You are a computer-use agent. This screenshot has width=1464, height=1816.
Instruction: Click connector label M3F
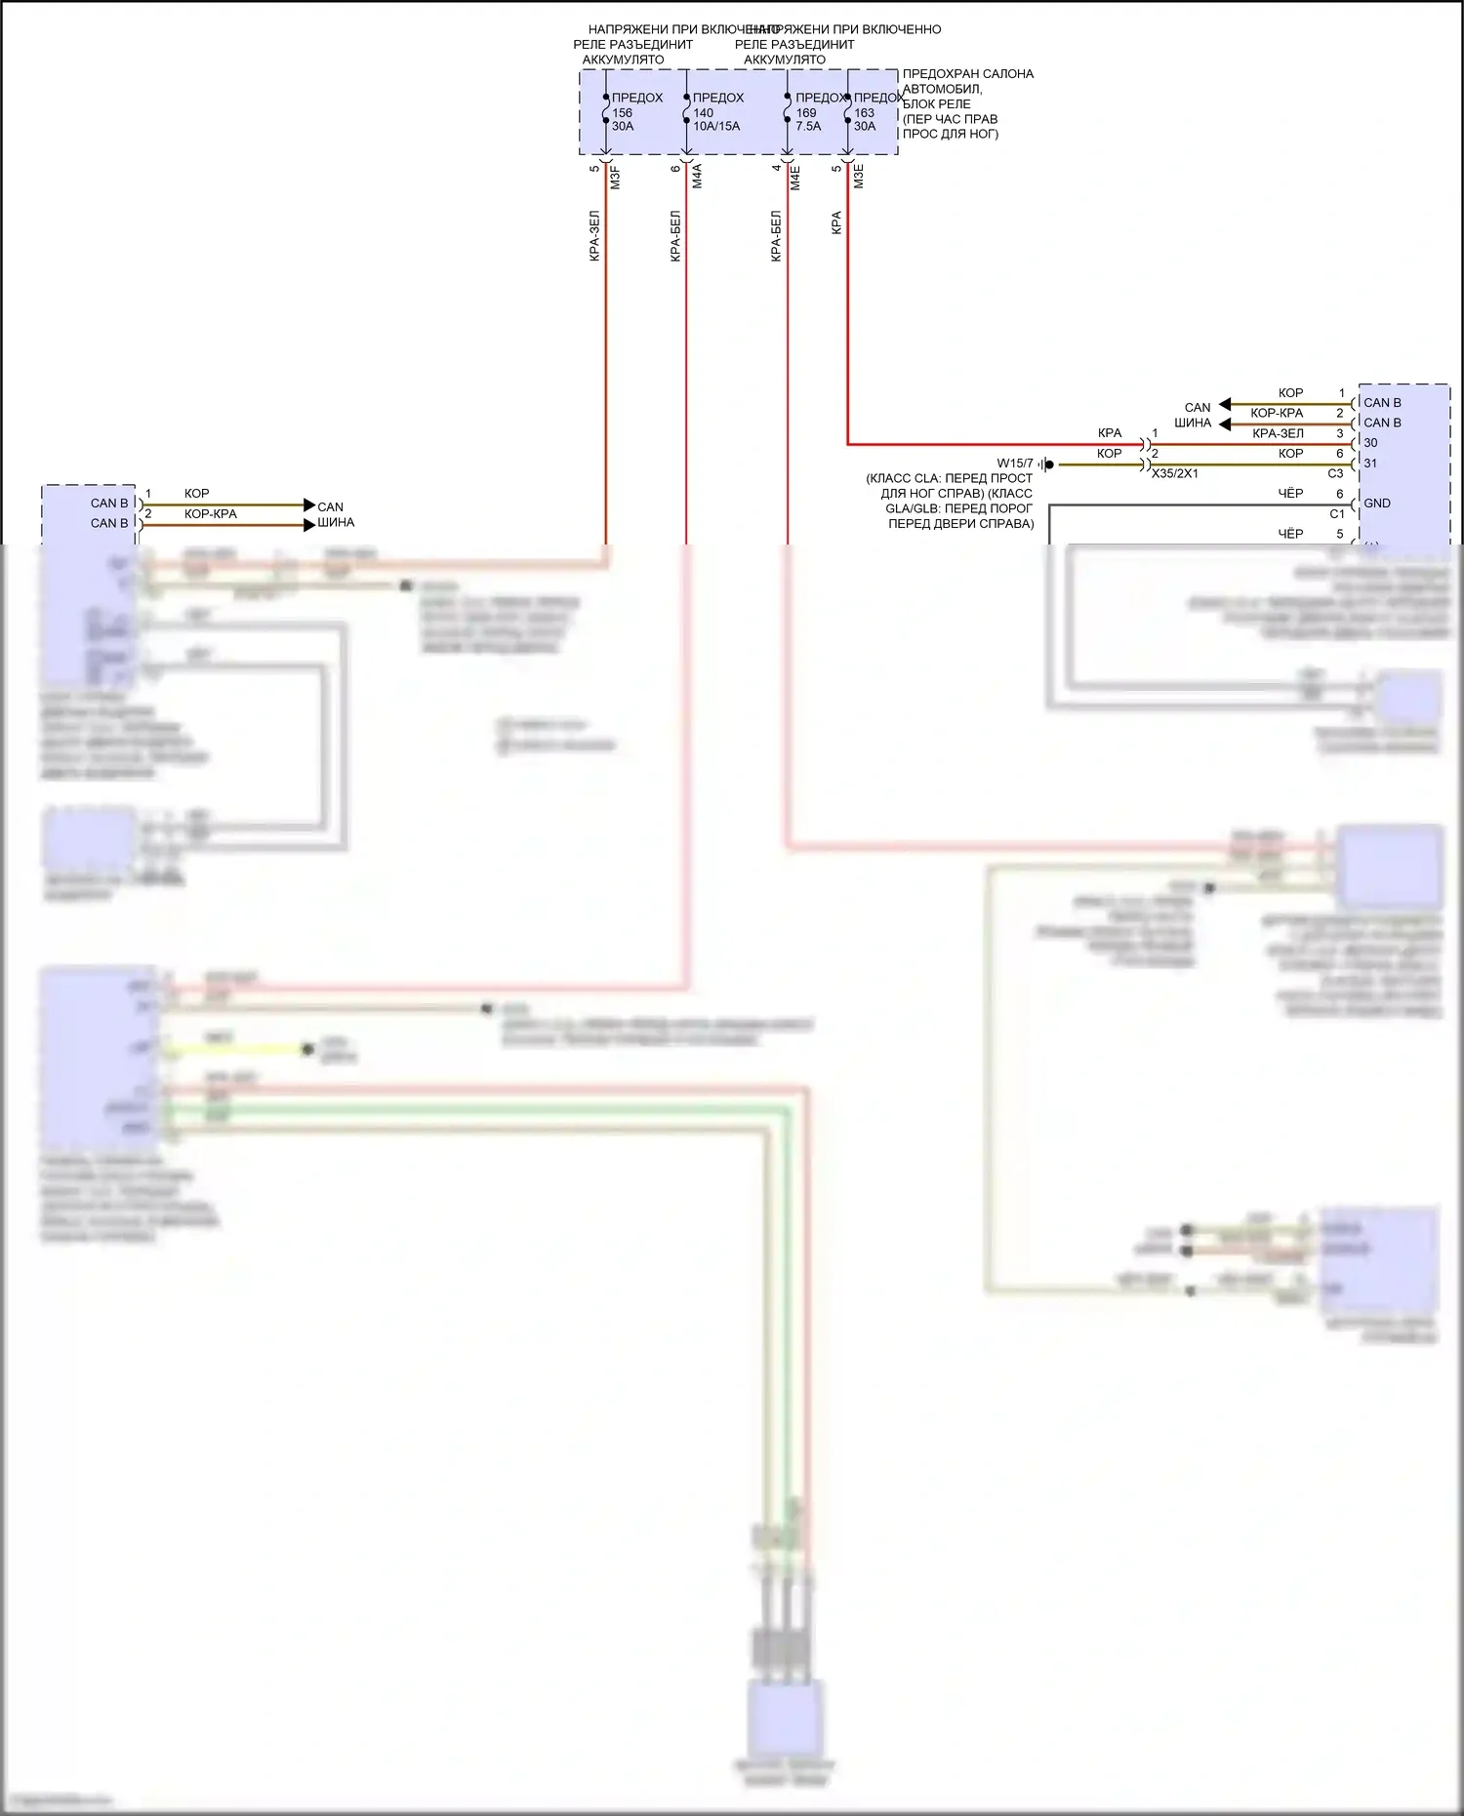tap(615, 178)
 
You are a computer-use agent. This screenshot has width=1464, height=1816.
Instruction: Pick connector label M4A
tap(697, 177)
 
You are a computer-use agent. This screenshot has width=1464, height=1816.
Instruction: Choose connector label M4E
tap(795, 178)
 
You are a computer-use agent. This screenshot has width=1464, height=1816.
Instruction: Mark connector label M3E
tap(859, 177)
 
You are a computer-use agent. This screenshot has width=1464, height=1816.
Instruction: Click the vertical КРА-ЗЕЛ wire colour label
tap(594, 236)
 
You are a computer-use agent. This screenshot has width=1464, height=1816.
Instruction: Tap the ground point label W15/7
tap(1014, 464)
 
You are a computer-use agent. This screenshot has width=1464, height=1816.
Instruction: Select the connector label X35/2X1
tap(1174, 473)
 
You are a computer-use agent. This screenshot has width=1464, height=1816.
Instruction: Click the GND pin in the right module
tap(1377, 504)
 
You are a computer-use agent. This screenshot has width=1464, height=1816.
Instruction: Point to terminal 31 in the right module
tap(1370, 464)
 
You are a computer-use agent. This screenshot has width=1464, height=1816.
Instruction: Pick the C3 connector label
tap(1335, 473)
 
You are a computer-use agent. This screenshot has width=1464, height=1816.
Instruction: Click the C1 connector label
tap(1336, 514)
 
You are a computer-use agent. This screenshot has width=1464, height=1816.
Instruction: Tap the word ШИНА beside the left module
tap(335, 522)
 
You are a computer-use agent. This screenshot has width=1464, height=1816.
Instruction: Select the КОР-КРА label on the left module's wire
tap(211, 513)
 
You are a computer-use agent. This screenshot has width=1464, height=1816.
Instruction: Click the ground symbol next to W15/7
tap(1045, 464)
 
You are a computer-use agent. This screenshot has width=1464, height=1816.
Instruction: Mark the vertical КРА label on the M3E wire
tap(836, 223)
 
